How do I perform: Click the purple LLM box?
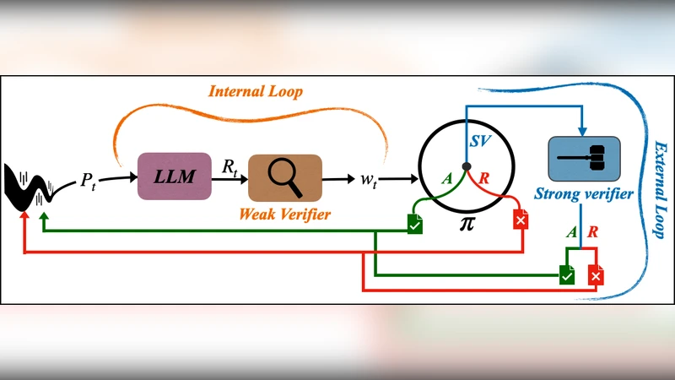coord(174,176)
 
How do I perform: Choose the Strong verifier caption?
coord(584,195)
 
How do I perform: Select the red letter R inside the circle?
coord(483,179)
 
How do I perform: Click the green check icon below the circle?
coord(415,224)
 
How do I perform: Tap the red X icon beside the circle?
coord(521,221)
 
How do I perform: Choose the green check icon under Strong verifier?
coord(567,274)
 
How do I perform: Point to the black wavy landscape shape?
coord(30,189)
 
